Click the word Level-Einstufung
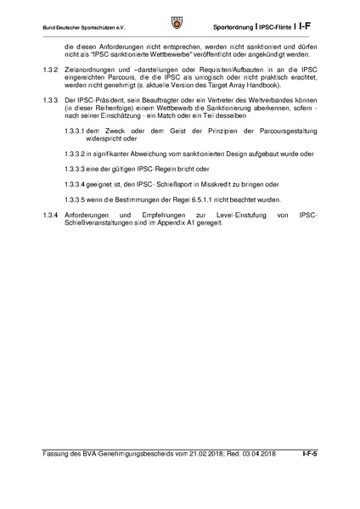click(224, 215)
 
